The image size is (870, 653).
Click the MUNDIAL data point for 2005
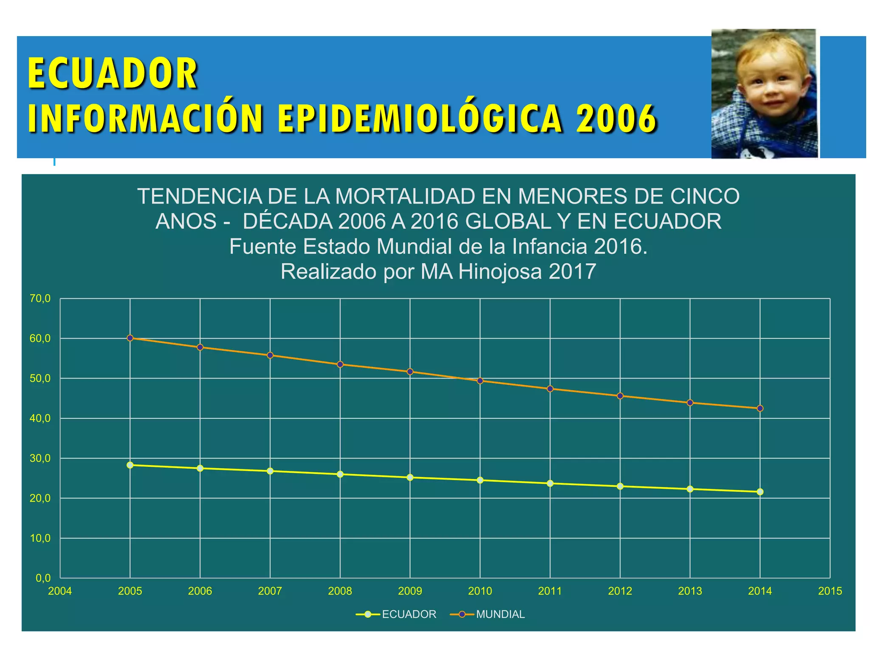point(130,338)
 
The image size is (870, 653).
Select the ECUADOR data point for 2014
point(760,492)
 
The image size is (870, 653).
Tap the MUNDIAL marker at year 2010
point(480,381)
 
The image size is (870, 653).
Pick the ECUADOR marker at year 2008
point(340,474)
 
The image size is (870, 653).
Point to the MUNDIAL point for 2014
point(760,409)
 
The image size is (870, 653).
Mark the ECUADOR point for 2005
point(130,465)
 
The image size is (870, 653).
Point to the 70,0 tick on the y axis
point(40,299)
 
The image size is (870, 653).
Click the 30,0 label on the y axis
point(40,458)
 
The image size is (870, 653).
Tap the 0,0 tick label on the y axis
point(43,578)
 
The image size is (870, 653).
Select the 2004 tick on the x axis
point(60,591)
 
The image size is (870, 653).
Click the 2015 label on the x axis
point(830,591)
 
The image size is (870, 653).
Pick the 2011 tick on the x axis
point(550,591)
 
